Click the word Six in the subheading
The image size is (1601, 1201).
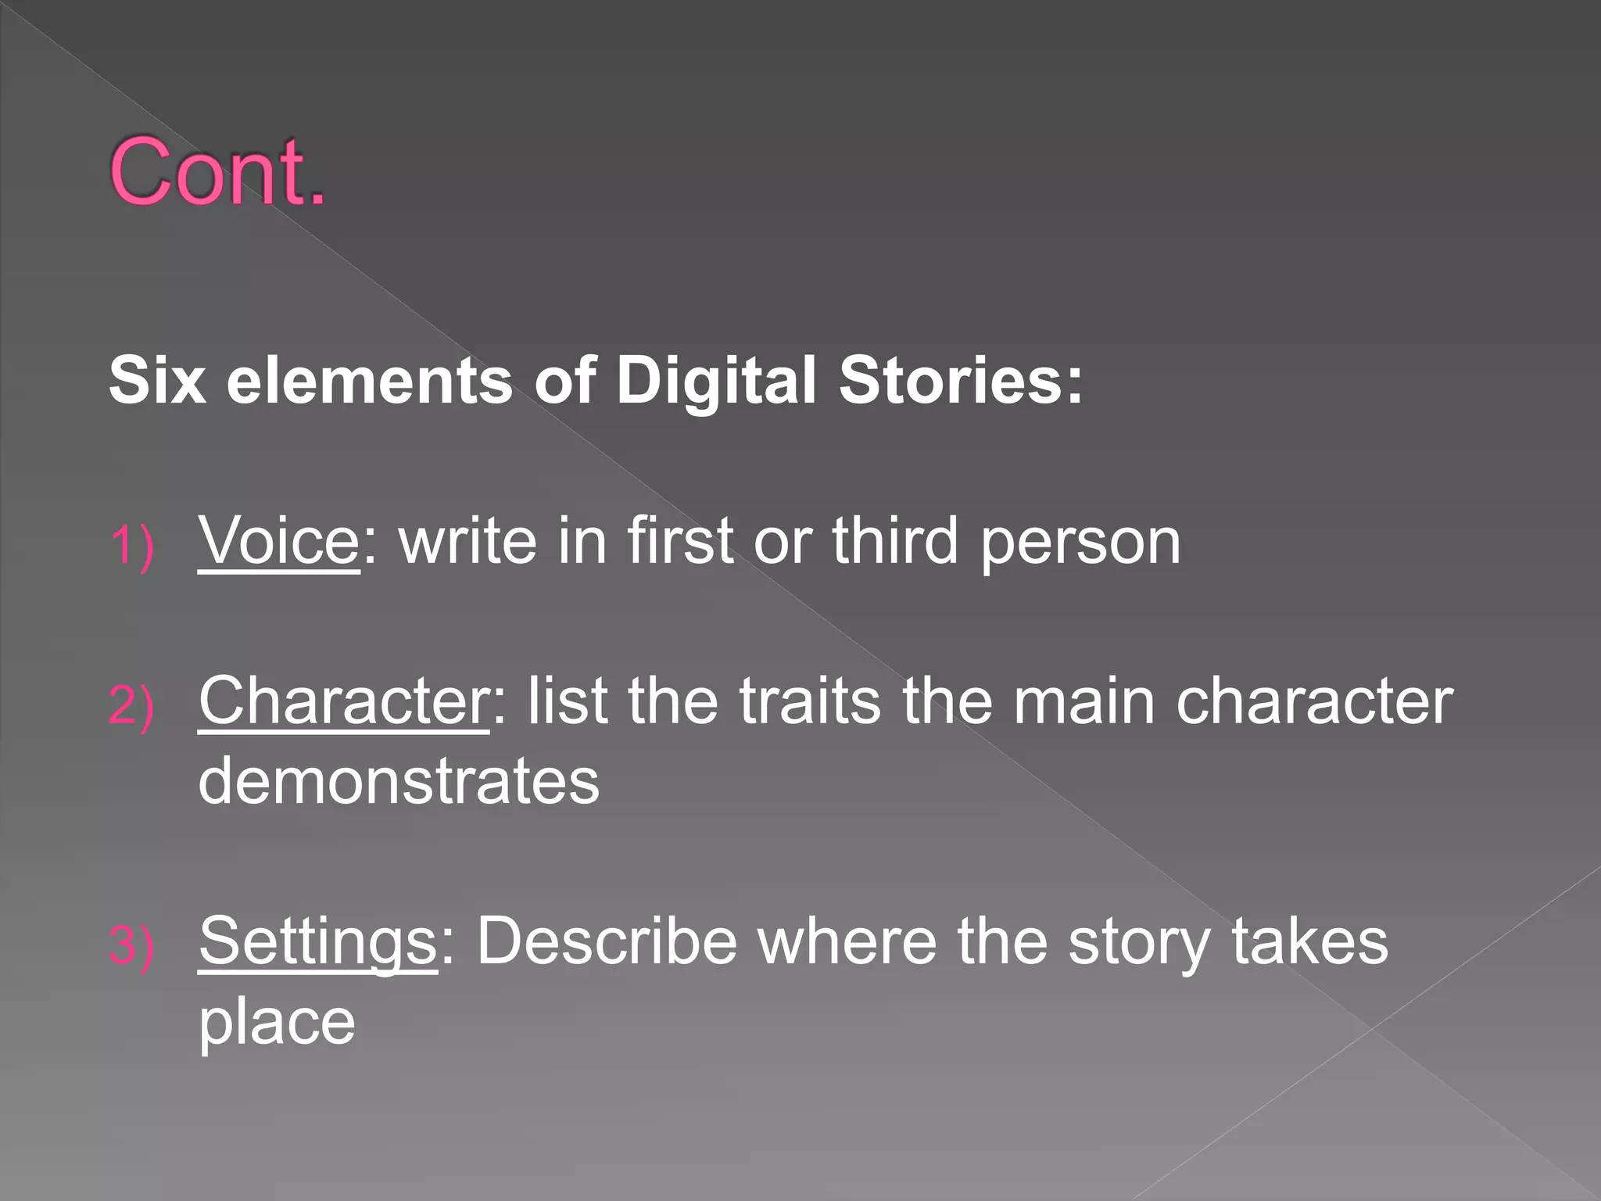click(157, 381)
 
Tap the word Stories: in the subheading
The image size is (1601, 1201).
click(961, 381)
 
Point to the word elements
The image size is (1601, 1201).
click(369, 381)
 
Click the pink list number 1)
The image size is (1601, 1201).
click(131, 545)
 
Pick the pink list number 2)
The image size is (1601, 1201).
click(131, 705)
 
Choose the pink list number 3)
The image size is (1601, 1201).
click(131, 945)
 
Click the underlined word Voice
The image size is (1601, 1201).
click(278, 540)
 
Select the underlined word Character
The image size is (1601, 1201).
click(344, 701)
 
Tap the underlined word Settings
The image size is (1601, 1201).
click(317, 941)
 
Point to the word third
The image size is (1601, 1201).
click(894, 540)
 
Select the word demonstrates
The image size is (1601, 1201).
click(399, 781)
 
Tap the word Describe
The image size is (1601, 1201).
click(607, 941)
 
